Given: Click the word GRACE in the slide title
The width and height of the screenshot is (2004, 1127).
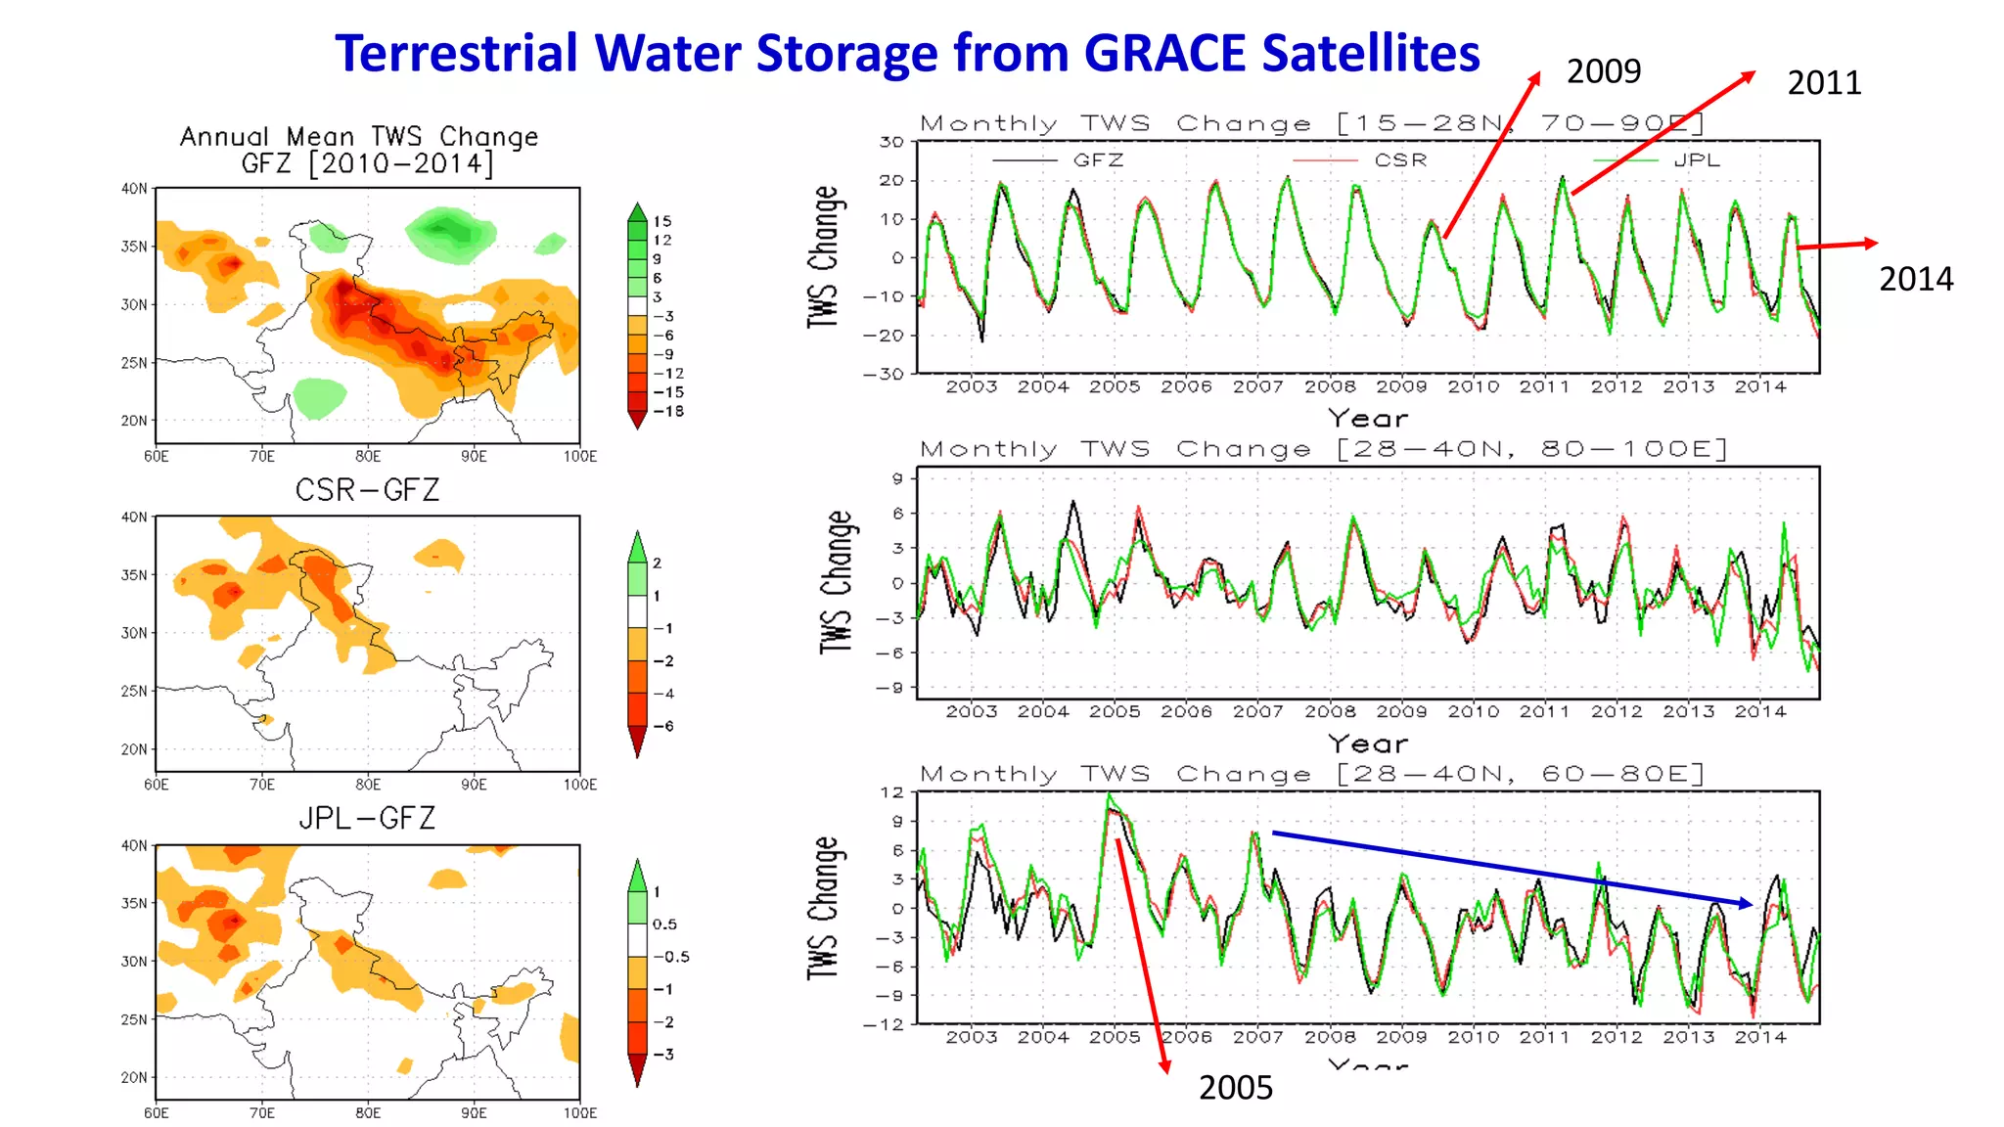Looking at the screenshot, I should [1164, 53].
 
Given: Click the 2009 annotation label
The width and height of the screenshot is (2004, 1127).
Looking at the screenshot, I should [1603, 71].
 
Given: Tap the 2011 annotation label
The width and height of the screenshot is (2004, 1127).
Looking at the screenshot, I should [1824, 83].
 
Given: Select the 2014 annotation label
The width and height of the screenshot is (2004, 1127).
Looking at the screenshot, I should [1915, 280].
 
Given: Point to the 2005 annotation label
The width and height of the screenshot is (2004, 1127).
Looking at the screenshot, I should [1236, 1088].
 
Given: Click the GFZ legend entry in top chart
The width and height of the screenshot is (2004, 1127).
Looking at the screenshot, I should [1098, 160].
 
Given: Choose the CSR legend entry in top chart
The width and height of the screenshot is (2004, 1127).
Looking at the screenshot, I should [1400, 160].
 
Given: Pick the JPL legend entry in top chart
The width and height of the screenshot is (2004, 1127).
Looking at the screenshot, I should [1696, 160].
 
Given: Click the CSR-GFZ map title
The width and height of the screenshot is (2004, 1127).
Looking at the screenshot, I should [367, 490].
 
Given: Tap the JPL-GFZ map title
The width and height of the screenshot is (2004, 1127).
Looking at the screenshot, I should [367, 818].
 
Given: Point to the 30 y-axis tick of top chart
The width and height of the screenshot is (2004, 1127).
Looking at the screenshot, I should [890, 142].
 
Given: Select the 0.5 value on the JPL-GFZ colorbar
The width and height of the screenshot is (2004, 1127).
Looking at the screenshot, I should [664, 924].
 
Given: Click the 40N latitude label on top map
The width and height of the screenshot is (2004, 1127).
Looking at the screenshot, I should [134, 189].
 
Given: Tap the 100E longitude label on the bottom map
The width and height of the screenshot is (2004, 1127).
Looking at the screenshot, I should [579, 1113].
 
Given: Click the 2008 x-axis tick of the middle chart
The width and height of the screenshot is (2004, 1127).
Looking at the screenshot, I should [1329, 712].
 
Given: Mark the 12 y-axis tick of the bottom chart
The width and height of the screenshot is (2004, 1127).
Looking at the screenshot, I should [891, 792].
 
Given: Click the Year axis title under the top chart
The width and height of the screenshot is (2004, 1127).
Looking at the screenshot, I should [1367, 419].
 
